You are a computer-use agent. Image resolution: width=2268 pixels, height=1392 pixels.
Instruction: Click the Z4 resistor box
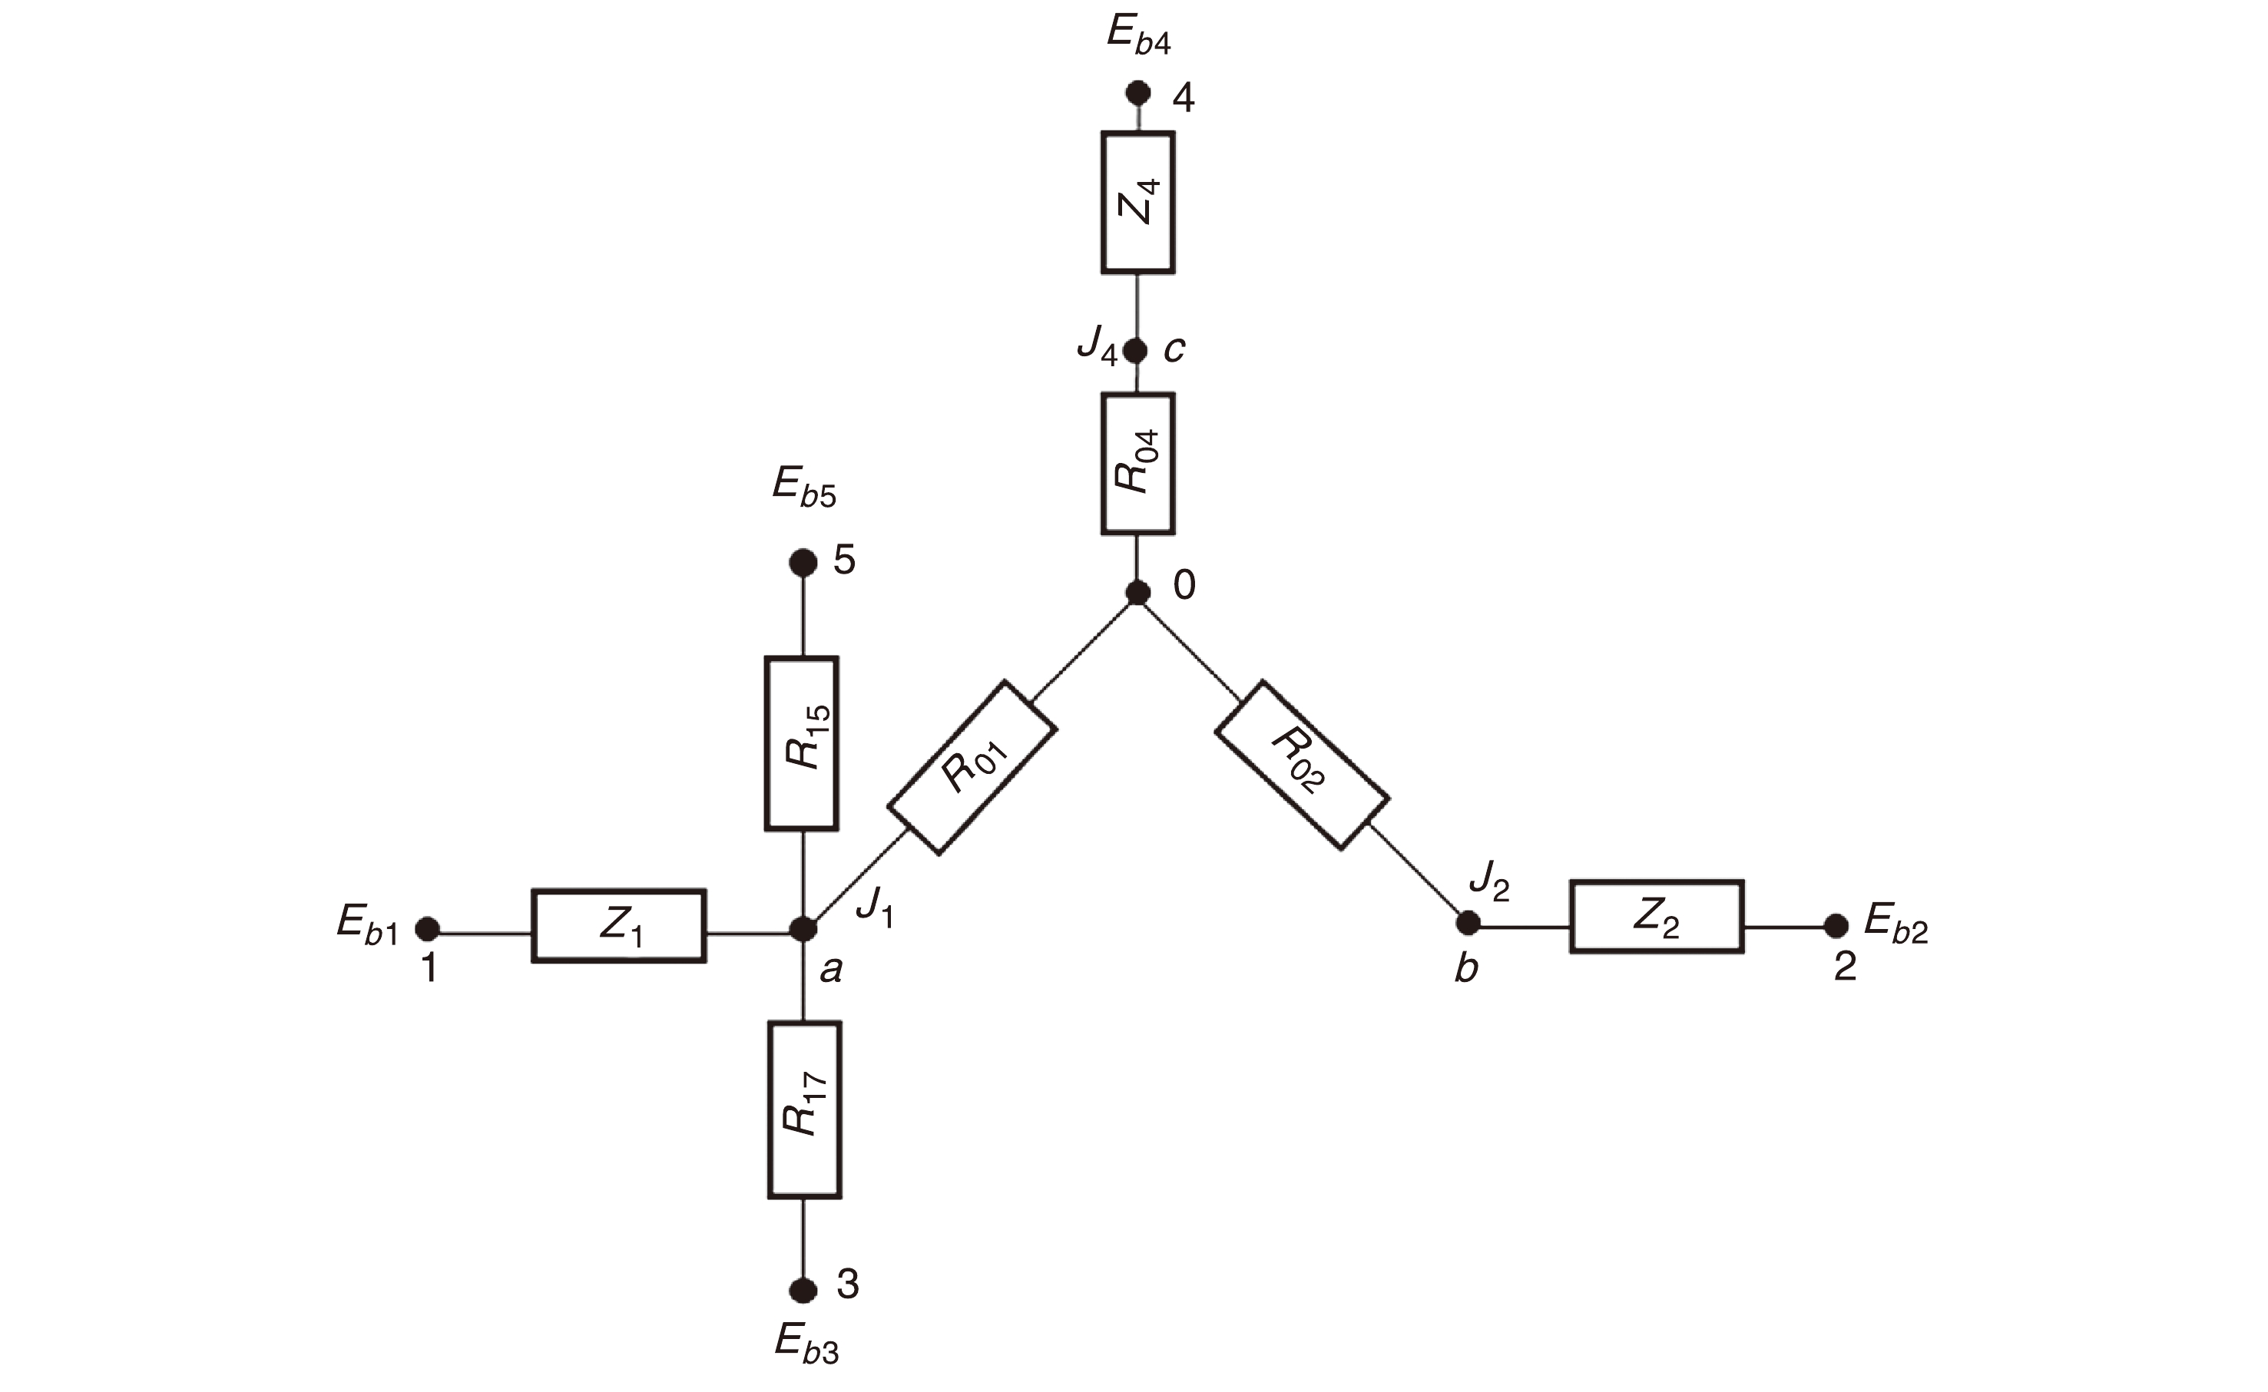coord(1137,203)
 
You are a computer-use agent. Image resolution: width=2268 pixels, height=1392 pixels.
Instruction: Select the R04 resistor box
coord(1137,463)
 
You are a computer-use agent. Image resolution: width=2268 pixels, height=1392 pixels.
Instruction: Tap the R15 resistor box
coord(801,743)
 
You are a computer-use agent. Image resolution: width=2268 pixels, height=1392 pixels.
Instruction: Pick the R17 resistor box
coord(804,1109)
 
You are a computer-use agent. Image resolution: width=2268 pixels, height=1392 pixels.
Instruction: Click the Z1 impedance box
coord(619,926)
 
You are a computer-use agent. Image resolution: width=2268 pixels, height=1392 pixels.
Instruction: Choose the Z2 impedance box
coord(1657,916)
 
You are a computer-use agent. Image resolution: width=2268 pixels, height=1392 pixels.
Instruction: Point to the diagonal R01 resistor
coord(972,768)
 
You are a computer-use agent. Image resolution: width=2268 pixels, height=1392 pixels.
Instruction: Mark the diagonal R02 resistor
coord(1302,764)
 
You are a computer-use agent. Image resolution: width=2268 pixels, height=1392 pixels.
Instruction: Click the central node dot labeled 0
coord(1138,593)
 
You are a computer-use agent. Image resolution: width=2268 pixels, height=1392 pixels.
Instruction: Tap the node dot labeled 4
coord(1139,93)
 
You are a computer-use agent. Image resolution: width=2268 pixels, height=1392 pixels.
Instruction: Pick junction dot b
coord(1468,922)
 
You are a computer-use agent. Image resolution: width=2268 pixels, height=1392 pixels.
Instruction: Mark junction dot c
coord(1136,351)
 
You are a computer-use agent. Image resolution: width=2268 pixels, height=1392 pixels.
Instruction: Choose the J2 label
coord(1489,881)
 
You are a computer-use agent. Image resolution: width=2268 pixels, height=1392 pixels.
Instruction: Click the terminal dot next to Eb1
coord(427,928)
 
